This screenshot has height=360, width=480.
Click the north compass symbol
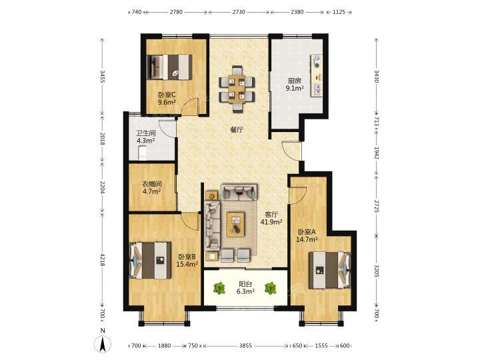pyautogui.click(x=103, y=341)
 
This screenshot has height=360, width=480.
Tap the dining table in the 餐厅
pyautogui.click(x=237, y=89)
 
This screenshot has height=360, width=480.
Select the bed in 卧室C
pyautogui.click(x=169, y=67)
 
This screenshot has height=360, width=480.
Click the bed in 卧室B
pyautogui.click(x=150, y=260)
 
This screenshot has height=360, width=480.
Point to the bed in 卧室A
pyautogui.click(x=329, y=270)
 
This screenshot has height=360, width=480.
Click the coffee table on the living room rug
pyautogui.click(x=235, y=225)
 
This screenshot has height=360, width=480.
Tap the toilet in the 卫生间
pyautogui.click(x=143, y=153)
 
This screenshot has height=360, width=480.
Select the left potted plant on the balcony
pyautogui.click(x=219, y=288)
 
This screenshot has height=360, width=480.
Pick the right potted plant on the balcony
pyautogui.click(x=270, y=288)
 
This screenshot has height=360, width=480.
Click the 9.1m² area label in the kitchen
pyautogui.click(x=295, y=89)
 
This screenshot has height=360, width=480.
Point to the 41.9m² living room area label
pyautogui.click(x=271, y=222)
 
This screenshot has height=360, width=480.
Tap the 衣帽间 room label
pyautogui.click(x=152, y=184)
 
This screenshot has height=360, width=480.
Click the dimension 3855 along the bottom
pyautogui.click(x=245, y=346)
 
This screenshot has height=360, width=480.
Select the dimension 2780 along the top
pyautogui.click(x=176, y=12)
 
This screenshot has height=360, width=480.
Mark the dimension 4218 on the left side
pyautogui.click(x=103, y=259)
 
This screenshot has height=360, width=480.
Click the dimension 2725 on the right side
pyautogui.click(x=377, y=206)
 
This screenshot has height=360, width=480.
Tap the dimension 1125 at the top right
pyautogui.click(x=339, y=12)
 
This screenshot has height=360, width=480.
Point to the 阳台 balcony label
pyautogui.click(x=245, y=285)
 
